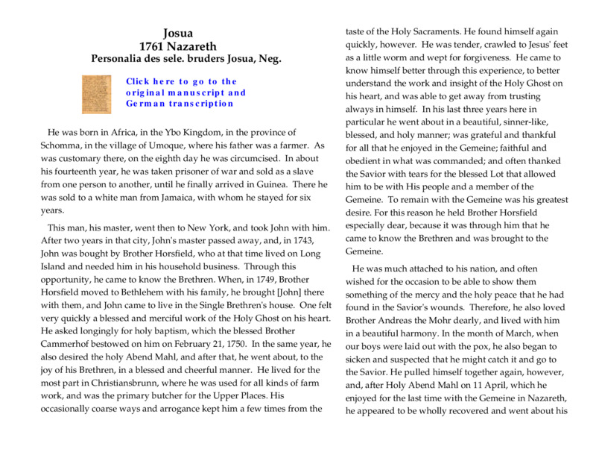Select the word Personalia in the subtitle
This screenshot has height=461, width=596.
[119, 58]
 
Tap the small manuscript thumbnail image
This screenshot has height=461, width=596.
[96, 93]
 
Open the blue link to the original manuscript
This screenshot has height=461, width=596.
[186, 92]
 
